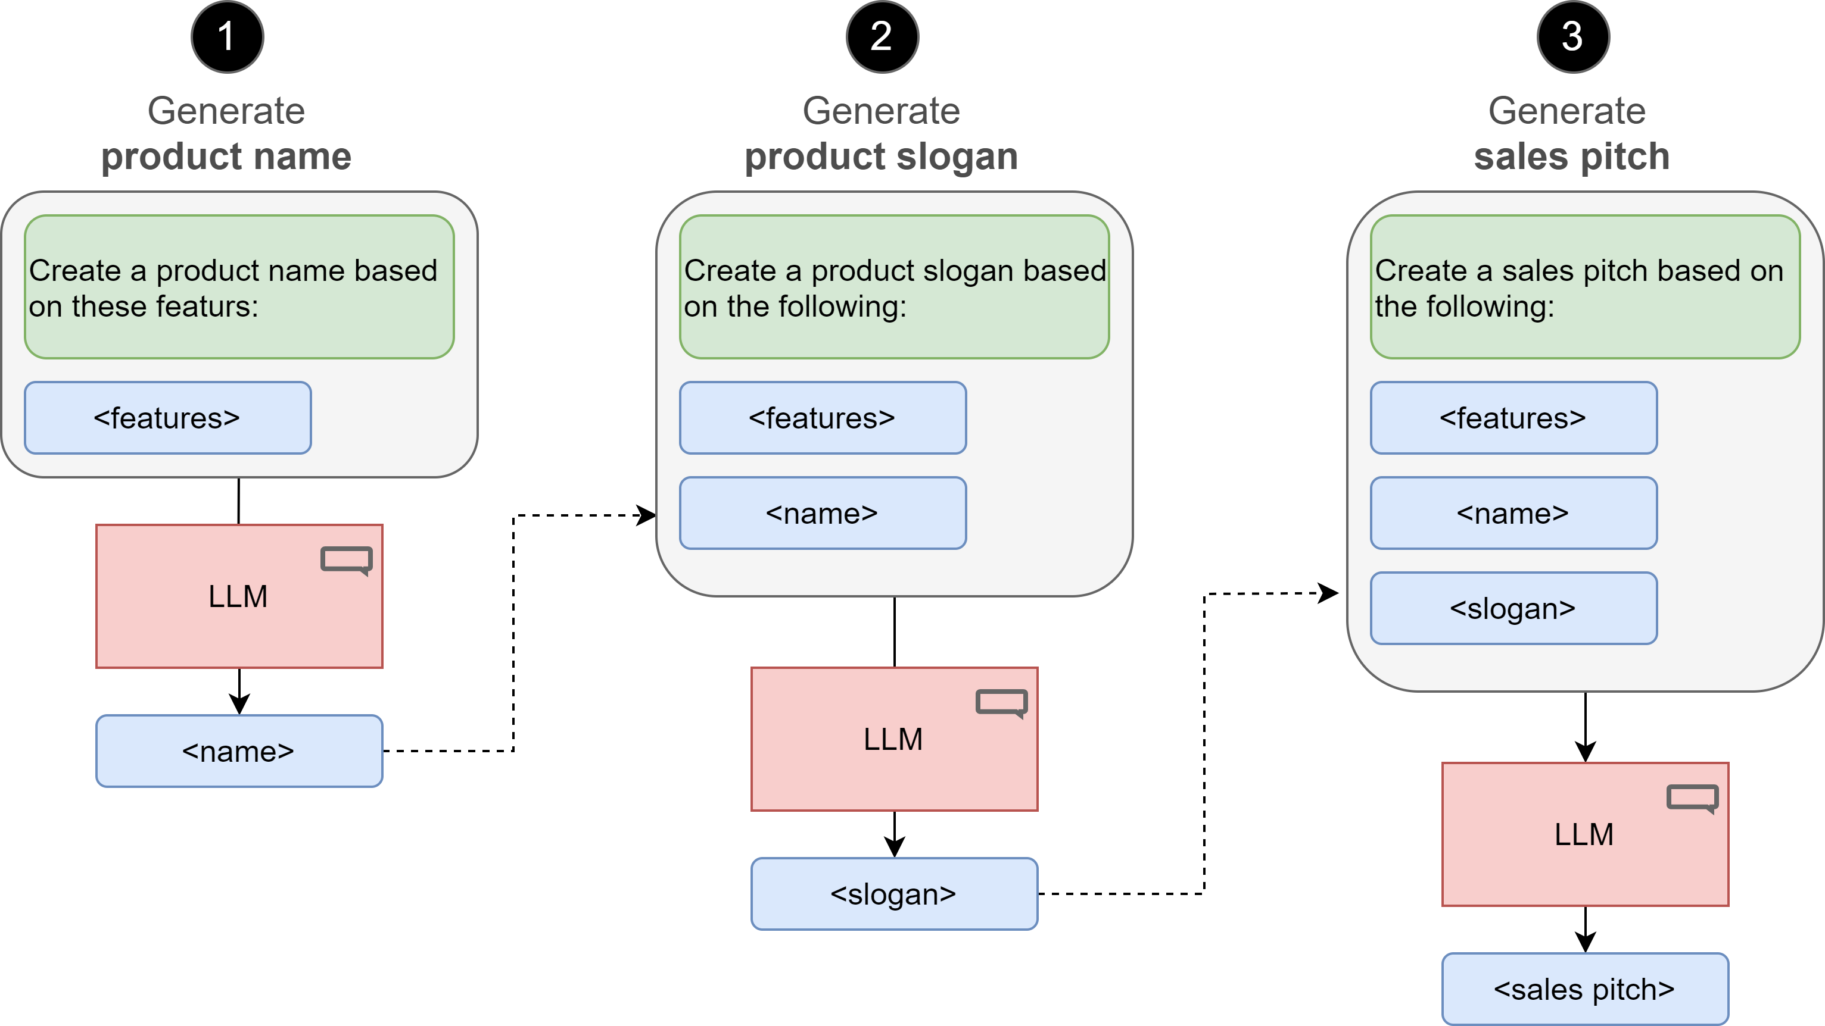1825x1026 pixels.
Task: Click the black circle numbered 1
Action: (227, 37)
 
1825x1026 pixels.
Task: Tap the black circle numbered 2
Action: (882, 37)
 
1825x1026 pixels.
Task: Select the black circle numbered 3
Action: (1573, 37)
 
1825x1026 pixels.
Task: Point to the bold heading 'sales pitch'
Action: (1571, 157)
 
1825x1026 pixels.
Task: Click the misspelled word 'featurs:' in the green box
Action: (207, 306)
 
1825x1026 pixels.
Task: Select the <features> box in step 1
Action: (168, 418)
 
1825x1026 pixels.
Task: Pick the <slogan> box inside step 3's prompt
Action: (1513, 608)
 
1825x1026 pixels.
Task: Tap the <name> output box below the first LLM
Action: (239, 751)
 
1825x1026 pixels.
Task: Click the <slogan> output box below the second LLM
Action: (894, 894)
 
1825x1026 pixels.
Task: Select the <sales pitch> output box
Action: (1585, 989)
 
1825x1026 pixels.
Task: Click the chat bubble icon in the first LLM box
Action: (347, 560)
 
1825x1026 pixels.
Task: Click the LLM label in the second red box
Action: (893, 739)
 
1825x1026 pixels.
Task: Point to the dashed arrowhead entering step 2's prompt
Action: (646, 515)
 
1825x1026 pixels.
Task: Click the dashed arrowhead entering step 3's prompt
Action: (1328, 593)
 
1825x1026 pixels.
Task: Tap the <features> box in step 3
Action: (1513, 418)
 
